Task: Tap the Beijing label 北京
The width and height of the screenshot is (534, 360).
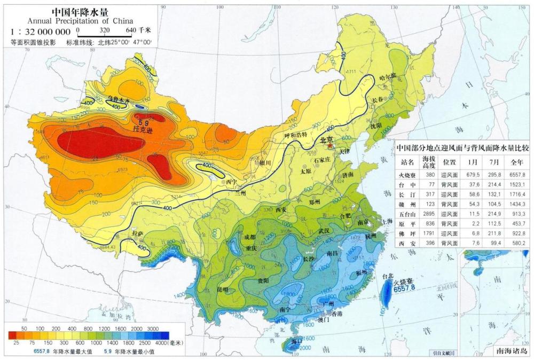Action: click(327, 140)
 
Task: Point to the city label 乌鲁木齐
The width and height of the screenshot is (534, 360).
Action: click(119, 98)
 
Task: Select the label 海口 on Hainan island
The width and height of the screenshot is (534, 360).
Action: click(297, 341)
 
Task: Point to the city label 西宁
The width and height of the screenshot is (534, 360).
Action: click(231, 182)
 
